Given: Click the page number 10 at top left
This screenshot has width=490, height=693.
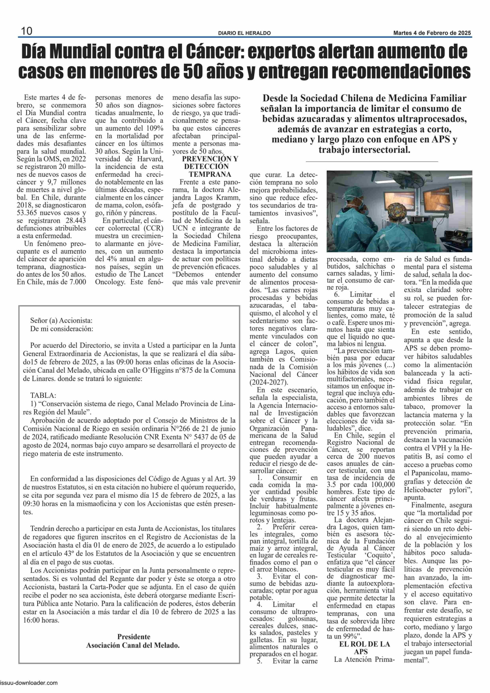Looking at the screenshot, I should click(26, 31).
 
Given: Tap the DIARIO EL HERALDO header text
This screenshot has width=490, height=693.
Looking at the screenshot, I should click(244, 33).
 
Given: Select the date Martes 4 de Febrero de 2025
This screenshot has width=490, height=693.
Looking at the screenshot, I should click(432, 33).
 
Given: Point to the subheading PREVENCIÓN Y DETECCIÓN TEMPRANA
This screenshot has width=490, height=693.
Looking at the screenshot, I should click(210, 167).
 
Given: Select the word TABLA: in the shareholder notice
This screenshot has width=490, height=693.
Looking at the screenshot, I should click(43, 395).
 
